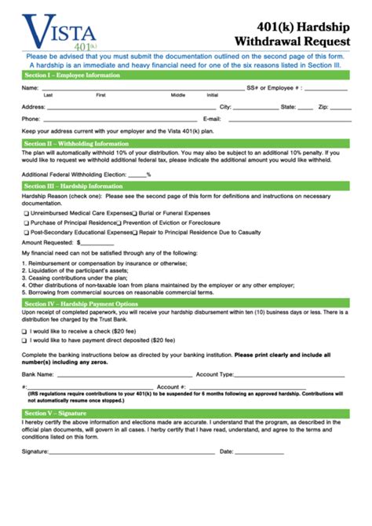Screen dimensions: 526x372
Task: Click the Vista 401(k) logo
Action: tap(59, 31)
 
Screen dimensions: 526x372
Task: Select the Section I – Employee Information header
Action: tap(71, 75)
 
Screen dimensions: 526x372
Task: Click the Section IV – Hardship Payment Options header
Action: tap(81, 303)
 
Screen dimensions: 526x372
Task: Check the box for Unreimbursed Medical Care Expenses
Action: tap(26, 213)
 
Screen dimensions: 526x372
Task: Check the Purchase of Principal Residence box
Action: tap(26, 223)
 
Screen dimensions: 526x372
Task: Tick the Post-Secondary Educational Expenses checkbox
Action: tap(26, 234)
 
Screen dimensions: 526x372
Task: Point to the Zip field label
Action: tap(323, 106)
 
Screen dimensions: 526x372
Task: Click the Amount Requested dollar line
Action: tap(97, 245)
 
